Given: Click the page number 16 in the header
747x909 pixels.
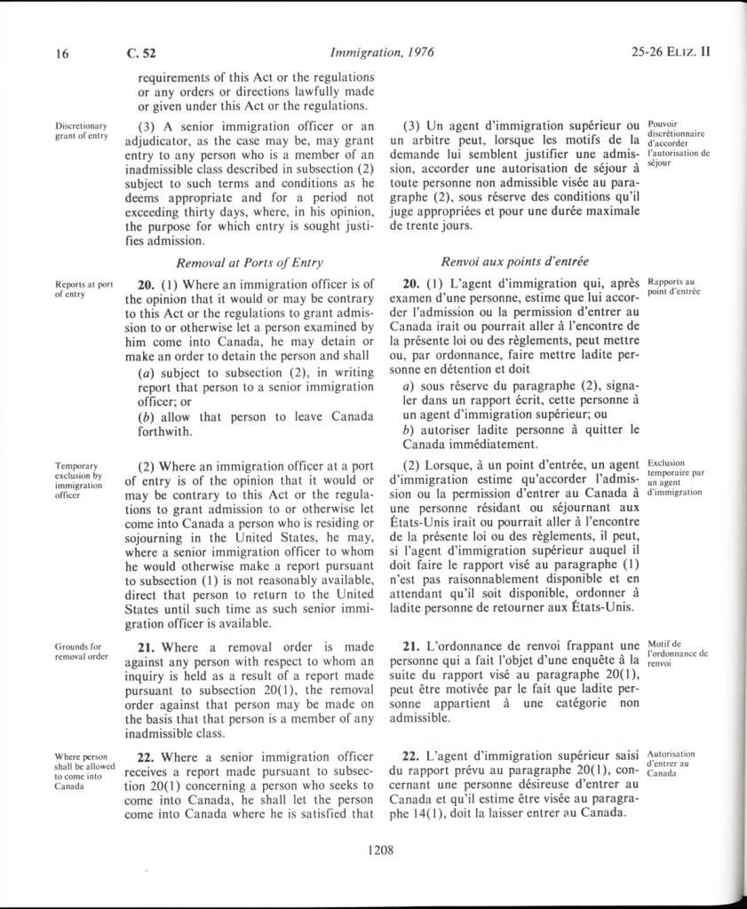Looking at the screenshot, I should click(62, 52).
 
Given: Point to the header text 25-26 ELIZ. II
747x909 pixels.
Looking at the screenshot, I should click(672, 52).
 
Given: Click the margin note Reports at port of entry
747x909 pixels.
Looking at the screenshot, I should click(83, 289).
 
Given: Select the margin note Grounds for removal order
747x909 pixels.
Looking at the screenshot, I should click(81, 652).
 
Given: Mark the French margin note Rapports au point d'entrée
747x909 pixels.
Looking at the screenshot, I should click(674, 287).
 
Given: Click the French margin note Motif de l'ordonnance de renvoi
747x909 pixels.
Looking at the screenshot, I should click(677, 652).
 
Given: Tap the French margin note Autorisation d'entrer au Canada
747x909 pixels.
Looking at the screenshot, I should click(672, 763).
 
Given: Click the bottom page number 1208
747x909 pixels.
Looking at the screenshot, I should click(379, 850).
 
